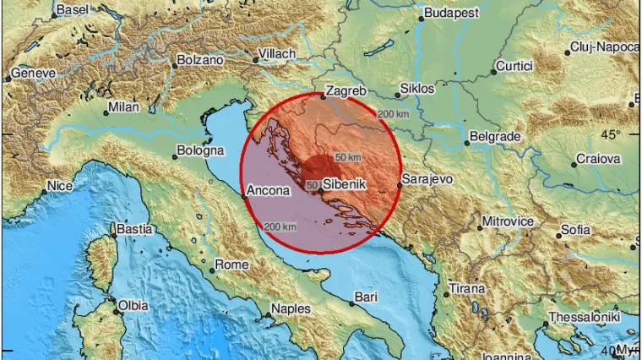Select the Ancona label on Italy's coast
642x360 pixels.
click(270, 191)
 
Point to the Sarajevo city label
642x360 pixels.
click(427, 179)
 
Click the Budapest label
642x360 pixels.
click(451, 14)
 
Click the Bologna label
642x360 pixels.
click(200, 151)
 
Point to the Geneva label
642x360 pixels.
click(34, 74)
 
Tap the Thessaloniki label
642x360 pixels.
click(585, 316)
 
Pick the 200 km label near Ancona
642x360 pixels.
click(280, 226)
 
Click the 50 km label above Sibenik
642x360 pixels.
click(348, 157)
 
